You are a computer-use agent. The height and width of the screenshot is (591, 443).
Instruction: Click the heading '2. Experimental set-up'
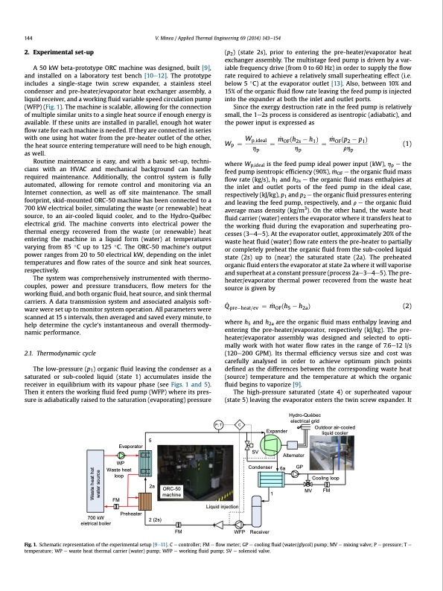pyautogui.click(x=60, y=52)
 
